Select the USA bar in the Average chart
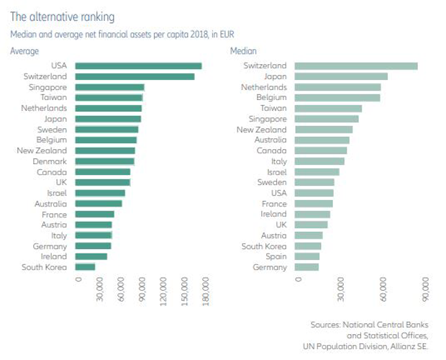(138, 66)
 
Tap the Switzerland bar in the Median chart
(356, 66)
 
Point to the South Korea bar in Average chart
(85, 267)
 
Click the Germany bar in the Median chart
(306, 267)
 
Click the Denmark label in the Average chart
(51, 161)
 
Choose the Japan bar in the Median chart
(341, 76)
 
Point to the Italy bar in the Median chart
(319, 161)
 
